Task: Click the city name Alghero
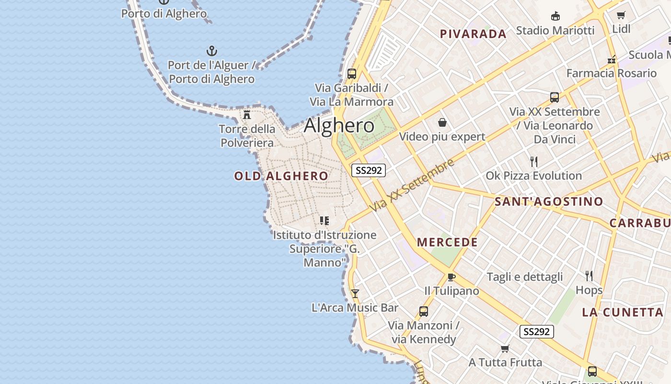point(339,126)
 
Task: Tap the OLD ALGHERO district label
point(281,176)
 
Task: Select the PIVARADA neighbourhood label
point(473,34)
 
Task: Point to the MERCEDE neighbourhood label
point(447,242)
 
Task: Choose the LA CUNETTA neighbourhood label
point(623,312)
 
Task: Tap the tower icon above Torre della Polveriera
point(247,115)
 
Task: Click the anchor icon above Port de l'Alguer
point(211,51)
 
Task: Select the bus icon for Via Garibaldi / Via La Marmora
point(352,74)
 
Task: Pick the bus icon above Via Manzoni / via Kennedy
point(424,311)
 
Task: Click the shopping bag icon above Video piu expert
point(442,123)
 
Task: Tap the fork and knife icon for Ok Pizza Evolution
point(534,161)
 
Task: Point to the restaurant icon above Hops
point(589,276)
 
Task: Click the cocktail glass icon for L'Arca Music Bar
point(355,293)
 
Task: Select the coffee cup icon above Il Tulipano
point(451,277)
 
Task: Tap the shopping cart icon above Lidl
point(621,15)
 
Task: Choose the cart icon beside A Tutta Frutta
point(505,348)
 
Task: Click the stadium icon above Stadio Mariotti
point(555,16)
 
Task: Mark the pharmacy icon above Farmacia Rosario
point(611,60)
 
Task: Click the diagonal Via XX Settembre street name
point(412,185)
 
